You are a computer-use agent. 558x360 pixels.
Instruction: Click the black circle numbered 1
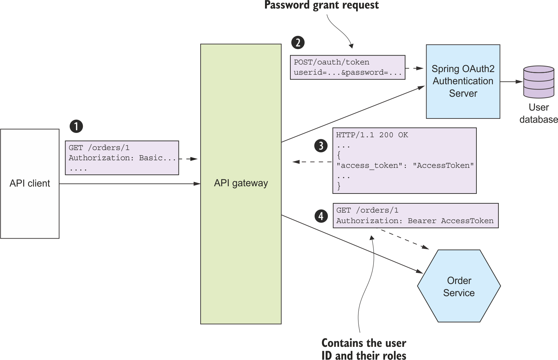pos(76,126)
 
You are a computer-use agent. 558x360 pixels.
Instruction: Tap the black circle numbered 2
pos(298,42)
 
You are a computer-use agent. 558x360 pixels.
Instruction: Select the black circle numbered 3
pos(321,146)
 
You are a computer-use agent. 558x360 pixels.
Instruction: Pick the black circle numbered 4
pos(321,216)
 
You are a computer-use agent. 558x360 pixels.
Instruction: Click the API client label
pos(30,183)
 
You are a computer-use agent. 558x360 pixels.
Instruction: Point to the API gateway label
pos(241,183)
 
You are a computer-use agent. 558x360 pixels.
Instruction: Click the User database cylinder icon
pos(539,82)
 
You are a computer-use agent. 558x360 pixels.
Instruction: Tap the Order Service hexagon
pos(459,286)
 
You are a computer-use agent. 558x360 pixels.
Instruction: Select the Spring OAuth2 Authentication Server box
pos(463,82)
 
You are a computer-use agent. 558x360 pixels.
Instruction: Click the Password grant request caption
pos(321,5)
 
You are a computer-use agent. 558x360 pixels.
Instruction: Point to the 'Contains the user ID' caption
pos(364,349)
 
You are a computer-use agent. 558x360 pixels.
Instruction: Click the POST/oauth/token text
pos(331,62)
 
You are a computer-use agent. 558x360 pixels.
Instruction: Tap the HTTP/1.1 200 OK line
pos(372,135)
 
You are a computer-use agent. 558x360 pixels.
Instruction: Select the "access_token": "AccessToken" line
pos(405,166)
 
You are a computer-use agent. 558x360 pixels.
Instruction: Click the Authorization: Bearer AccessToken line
pos(415,221)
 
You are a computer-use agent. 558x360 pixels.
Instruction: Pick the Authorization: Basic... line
pos(122,158)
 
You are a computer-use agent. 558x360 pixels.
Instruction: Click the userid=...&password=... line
pos(348,72)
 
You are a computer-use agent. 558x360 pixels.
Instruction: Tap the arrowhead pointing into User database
pos(520,82)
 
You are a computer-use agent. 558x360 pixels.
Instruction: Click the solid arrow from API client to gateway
pos(130,184)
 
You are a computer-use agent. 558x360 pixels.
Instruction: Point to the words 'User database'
pos(539,114)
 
